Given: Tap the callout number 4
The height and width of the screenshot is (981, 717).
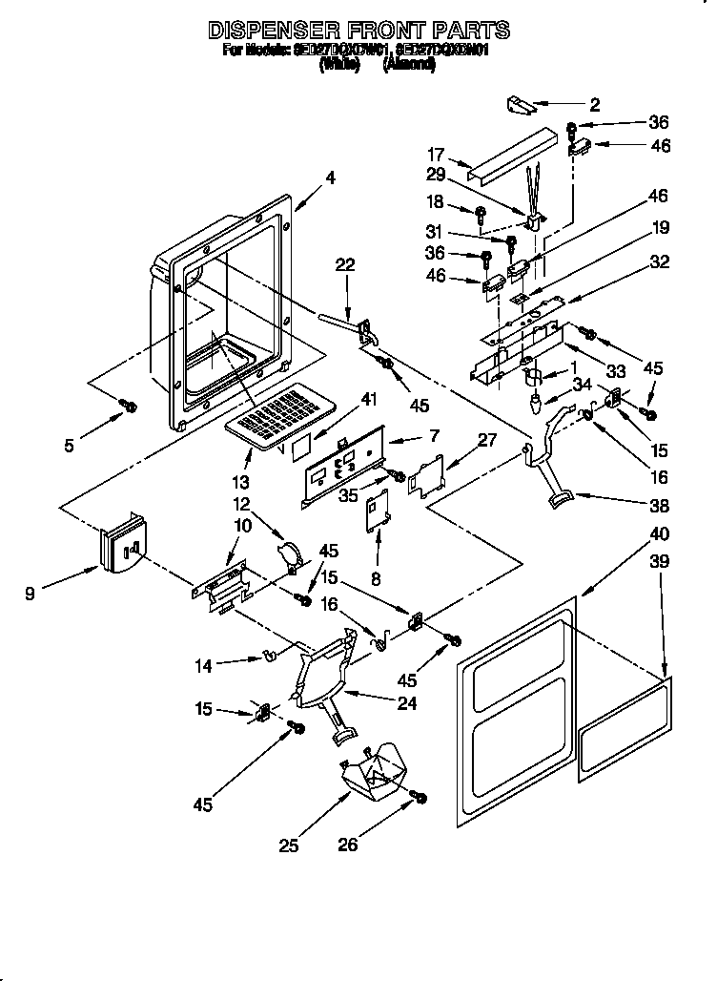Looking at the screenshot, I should pyautogui.click(x=330, y=177).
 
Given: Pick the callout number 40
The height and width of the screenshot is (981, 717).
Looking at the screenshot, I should pyautogui.click(x=660, y=533).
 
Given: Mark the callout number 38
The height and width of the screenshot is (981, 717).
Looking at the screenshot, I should pyautogui.click(x=660, y=506).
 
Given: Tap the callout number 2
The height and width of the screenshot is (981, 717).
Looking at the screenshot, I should pyautogui.click(x=595, y=105).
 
